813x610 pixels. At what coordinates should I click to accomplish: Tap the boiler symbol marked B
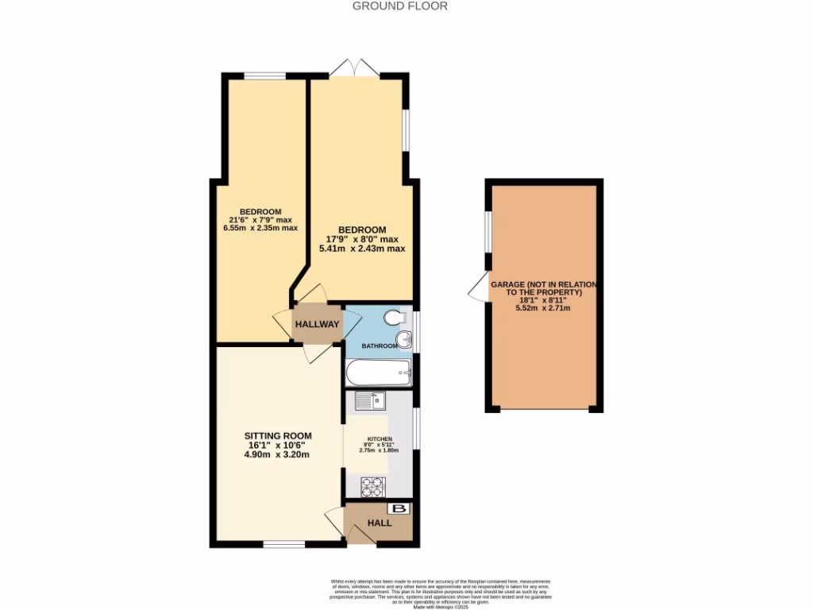tap(399, 509)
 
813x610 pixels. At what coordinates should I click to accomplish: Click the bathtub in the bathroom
tap(378, 372)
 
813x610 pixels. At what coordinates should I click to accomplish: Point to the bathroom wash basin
tap(406, 341)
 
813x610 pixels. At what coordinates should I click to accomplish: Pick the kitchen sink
tap(369, 401)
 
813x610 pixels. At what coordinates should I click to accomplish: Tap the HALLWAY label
tap(317, 324)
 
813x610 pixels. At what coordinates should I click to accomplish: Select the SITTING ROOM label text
tap(278, 436)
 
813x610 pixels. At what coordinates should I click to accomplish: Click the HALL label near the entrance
tap(379, 523)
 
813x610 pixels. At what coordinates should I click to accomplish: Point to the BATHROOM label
tap(380, 346)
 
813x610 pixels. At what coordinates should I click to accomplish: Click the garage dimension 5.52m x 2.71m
tap(544, 312)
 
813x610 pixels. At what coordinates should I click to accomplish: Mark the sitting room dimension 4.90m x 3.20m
tap(277, 455)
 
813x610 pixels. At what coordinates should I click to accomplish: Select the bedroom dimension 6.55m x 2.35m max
tap(260, 228)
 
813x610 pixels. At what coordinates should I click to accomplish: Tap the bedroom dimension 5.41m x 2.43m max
tap(362, 249)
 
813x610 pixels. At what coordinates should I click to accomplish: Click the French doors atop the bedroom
tap(354, 69)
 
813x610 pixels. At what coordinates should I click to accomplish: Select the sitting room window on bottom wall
tap(284, 545)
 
